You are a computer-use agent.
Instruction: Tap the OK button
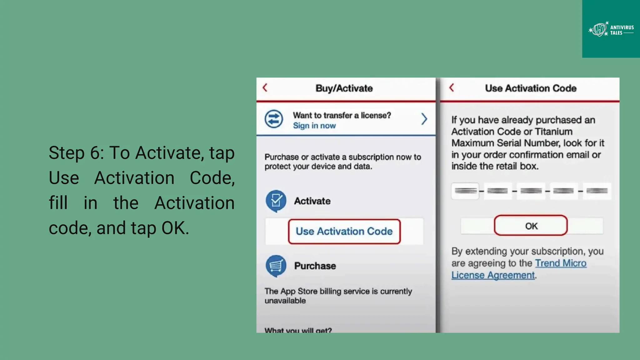click(x=531, y=226)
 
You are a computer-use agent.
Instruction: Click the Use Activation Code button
click(x=344, y=231)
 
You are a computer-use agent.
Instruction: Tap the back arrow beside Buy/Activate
click(x=265, y=88)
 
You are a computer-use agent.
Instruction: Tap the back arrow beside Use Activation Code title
click(x=452, y=88)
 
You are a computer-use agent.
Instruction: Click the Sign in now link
click(x=314, y=126)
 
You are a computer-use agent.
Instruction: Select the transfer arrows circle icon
click(x=274, y=119)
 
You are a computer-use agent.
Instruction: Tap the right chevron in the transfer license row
click(x=424, y=119)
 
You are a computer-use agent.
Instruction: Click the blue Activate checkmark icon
click(x=276, y=201)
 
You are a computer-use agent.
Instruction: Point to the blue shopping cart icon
click(x=276, y=266)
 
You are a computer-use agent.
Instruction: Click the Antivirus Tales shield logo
click(x=599, y=30)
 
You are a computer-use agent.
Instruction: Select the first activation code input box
click(x=465, y=191)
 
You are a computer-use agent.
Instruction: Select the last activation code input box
click(x=597, y=191)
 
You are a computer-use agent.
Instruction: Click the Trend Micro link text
click(x=561, y=263)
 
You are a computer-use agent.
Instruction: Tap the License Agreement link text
click(x=493, y=275)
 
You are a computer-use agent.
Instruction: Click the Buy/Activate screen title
click(x=344, y=88)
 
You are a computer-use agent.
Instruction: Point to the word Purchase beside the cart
click(x=315, y=266)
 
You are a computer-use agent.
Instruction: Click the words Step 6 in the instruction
click(x=75, y=153)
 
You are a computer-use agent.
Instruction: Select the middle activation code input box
click(x=531, y=191)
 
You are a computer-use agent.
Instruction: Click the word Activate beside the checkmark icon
click(x=312, y=201)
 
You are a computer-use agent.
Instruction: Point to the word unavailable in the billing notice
click(x=285, y=301)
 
